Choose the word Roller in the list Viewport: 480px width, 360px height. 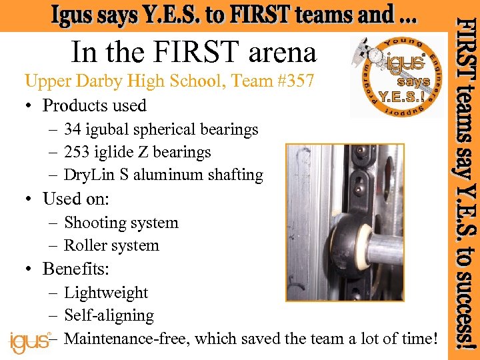[85, 245]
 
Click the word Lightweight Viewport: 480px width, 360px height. [106, 293]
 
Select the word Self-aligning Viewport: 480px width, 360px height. [109, 315]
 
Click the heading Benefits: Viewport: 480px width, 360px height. [76, 269]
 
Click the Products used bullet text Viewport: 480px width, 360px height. [94, 105]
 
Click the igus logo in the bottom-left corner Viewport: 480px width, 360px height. [29, 341]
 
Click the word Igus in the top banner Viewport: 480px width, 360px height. [74, 15]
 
